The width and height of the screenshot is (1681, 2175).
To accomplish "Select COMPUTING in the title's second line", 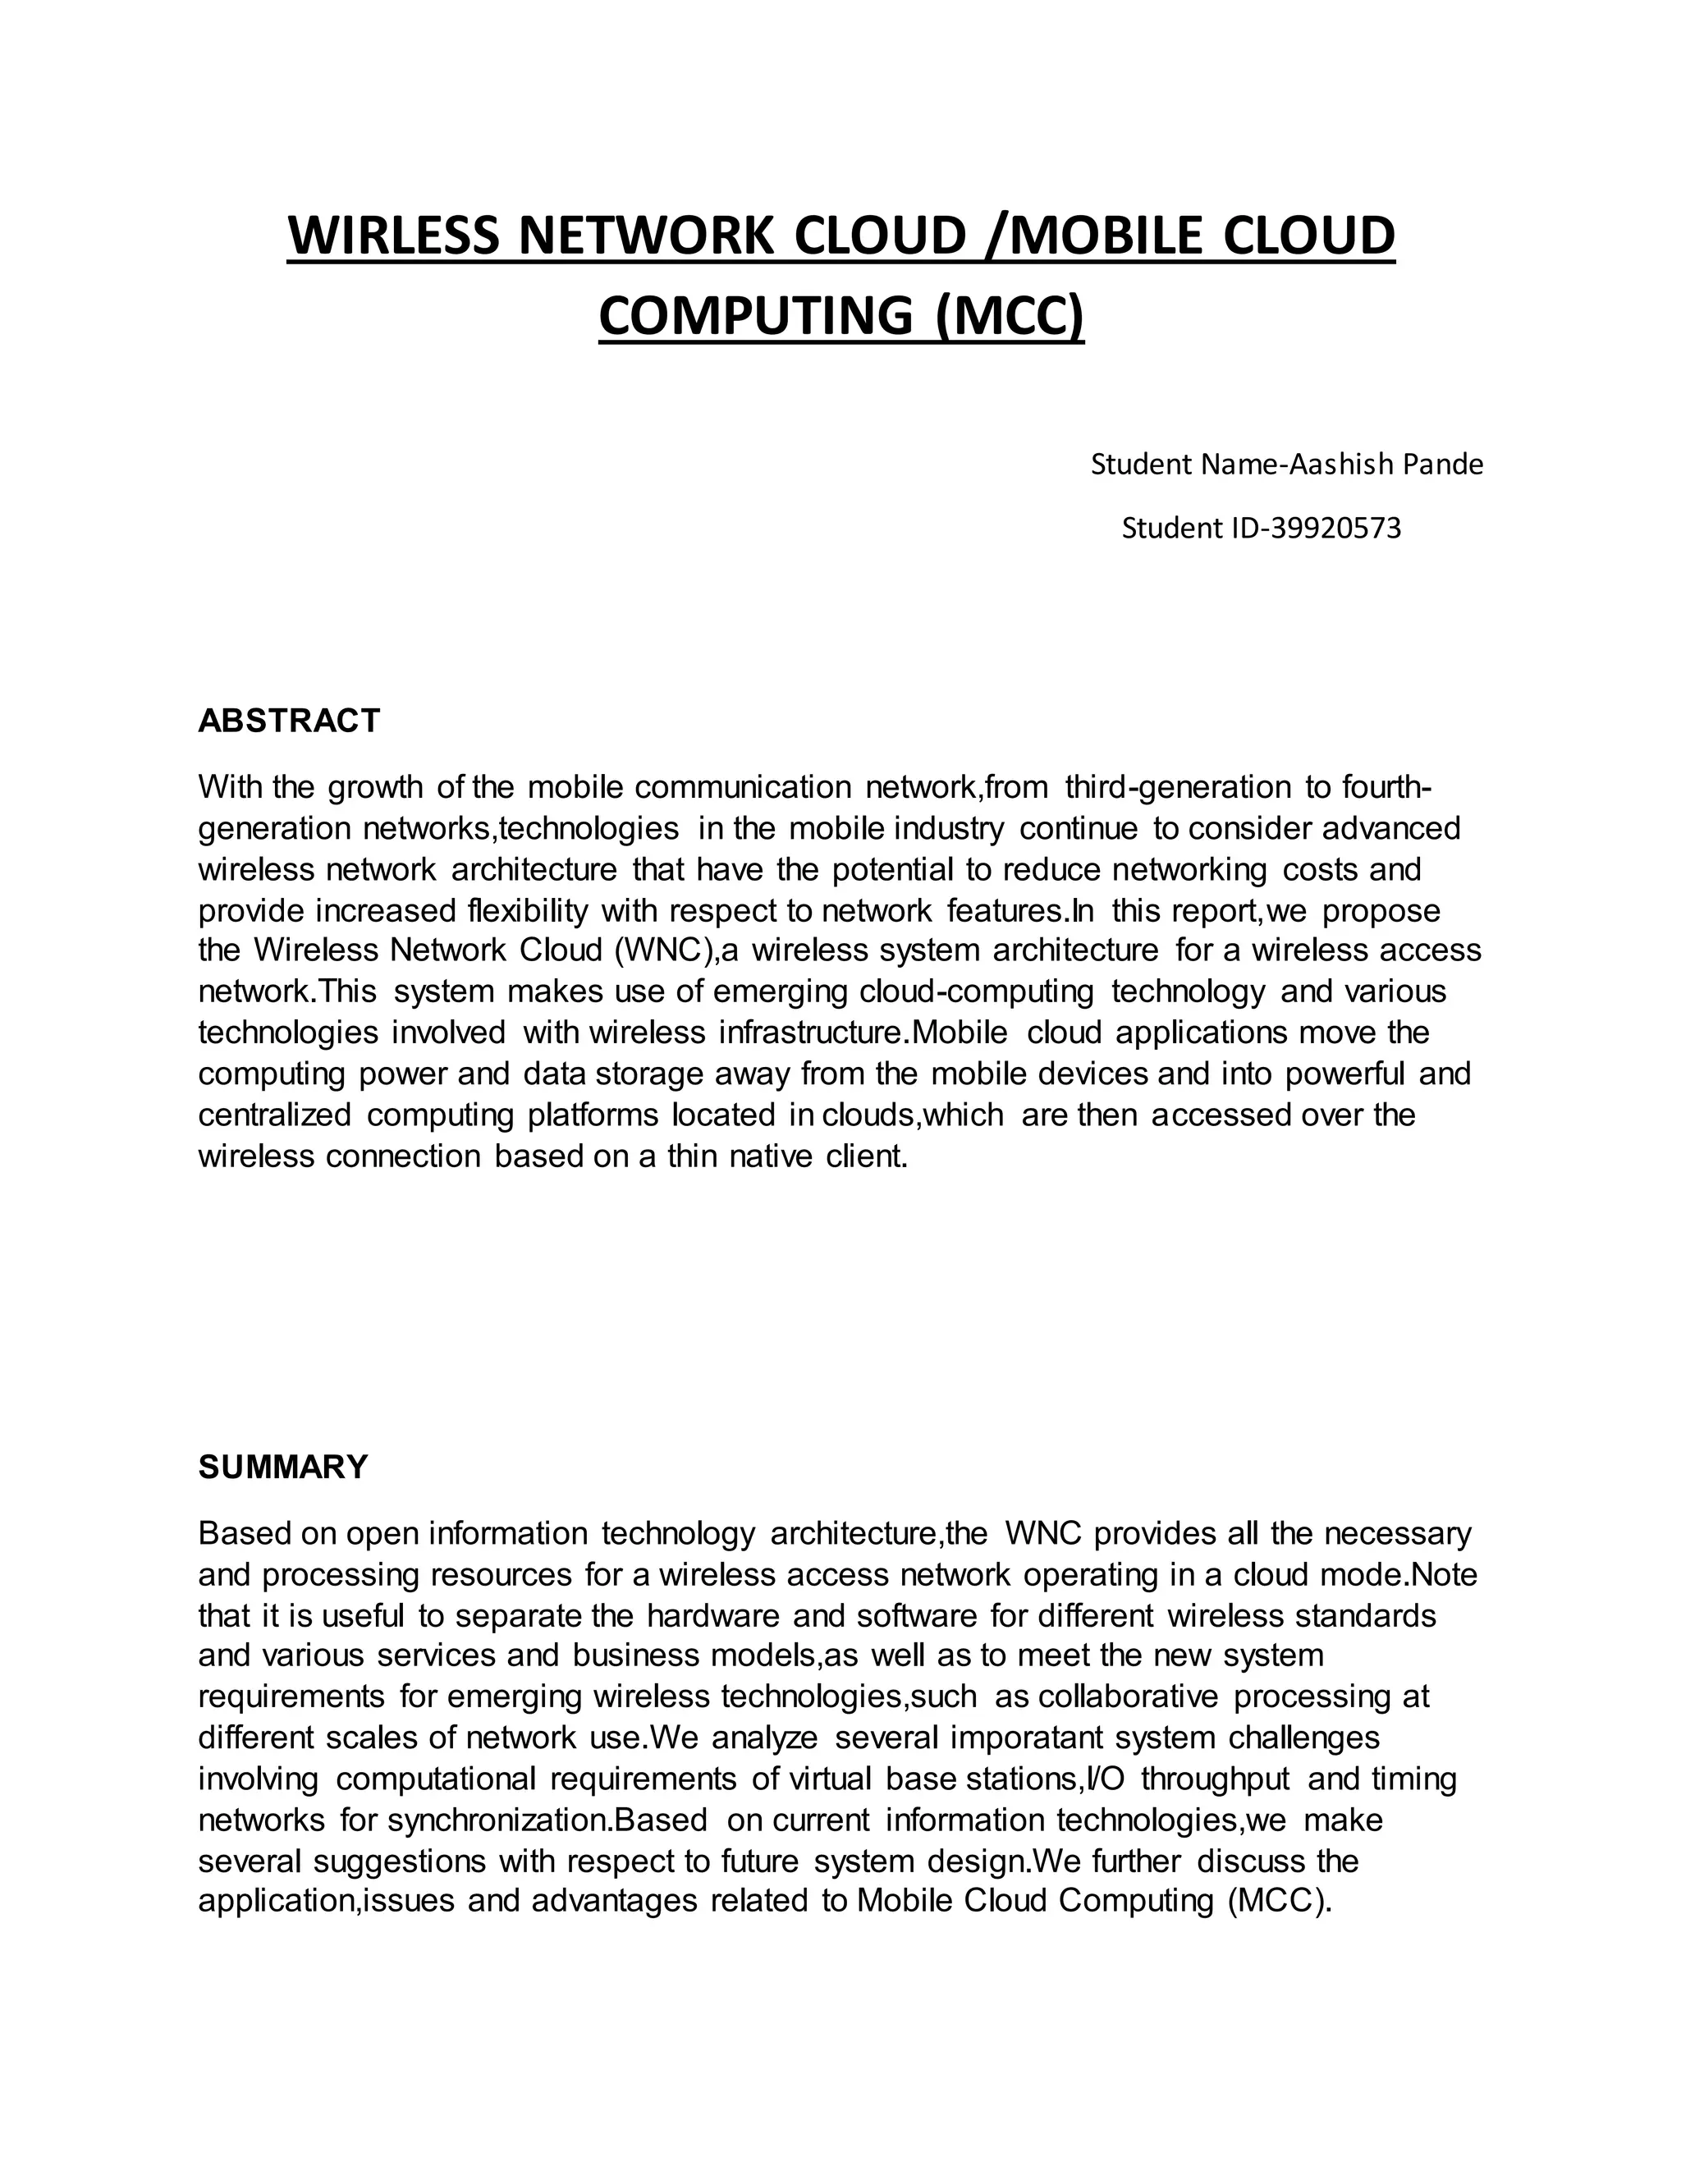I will [x=756, y=316].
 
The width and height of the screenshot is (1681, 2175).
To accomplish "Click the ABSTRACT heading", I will [x=289, y=720].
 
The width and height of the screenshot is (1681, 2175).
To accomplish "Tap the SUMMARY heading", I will [x=283, y=1466].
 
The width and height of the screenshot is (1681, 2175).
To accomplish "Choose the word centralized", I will [x=275, y=1115].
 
